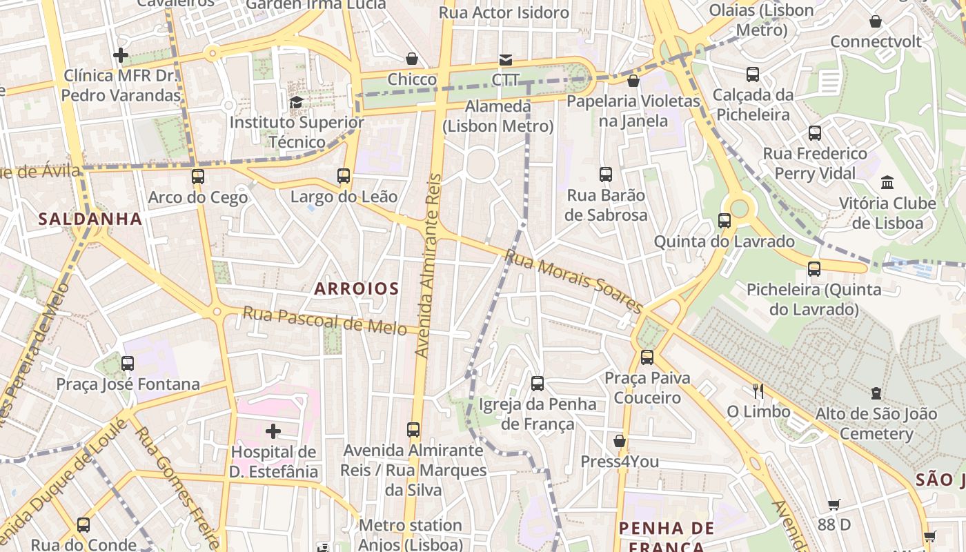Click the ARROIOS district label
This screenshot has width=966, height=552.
click(356, 288)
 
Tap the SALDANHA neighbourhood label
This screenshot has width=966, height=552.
click(90, 219)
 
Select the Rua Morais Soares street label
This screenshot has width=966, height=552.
click(574, 281)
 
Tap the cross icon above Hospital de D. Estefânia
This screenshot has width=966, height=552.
click(273, 431)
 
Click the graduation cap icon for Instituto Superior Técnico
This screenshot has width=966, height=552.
click(296, 102)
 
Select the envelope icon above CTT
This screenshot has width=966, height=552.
click(506, 59)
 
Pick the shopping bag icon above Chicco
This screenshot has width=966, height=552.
click(412, 59)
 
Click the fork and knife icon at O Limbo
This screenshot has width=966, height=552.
click(758, 391)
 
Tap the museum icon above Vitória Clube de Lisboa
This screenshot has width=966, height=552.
click(887, 183)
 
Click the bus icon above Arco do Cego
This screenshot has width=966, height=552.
click(198, 177)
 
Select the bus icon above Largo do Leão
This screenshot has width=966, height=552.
click(344, 176)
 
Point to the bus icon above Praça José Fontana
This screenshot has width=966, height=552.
click(128, 363)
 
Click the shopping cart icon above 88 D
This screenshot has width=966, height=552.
click(834, 504)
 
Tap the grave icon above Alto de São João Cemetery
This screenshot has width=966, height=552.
click(876, 393)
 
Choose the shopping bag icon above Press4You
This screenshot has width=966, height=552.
click(620, 441)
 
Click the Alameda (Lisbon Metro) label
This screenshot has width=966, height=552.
click(498, 117)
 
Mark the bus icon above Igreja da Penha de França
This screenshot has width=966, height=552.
click(538, 383)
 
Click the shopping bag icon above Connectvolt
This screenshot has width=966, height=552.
click(876, 21)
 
